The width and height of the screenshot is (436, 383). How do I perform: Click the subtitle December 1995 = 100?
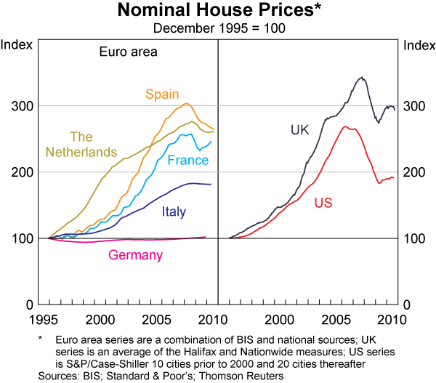(218, 28)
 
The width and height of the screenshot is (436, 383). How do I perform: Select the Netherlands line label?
(81, 144)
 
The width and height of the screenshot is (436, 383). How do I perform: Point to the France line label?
(188, 160)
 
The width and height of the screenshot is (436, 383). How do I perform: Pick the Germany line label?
(135, 255)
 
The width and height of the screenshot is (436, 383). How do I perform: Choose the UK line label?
(300, 131)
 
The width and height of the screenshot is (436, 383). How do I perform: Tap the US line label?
(323, 203)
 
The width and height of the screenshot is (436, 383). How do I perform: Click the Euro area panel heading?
(128, 52)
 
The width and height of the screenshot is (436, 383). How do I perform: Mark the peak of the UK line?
(361, 77)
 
